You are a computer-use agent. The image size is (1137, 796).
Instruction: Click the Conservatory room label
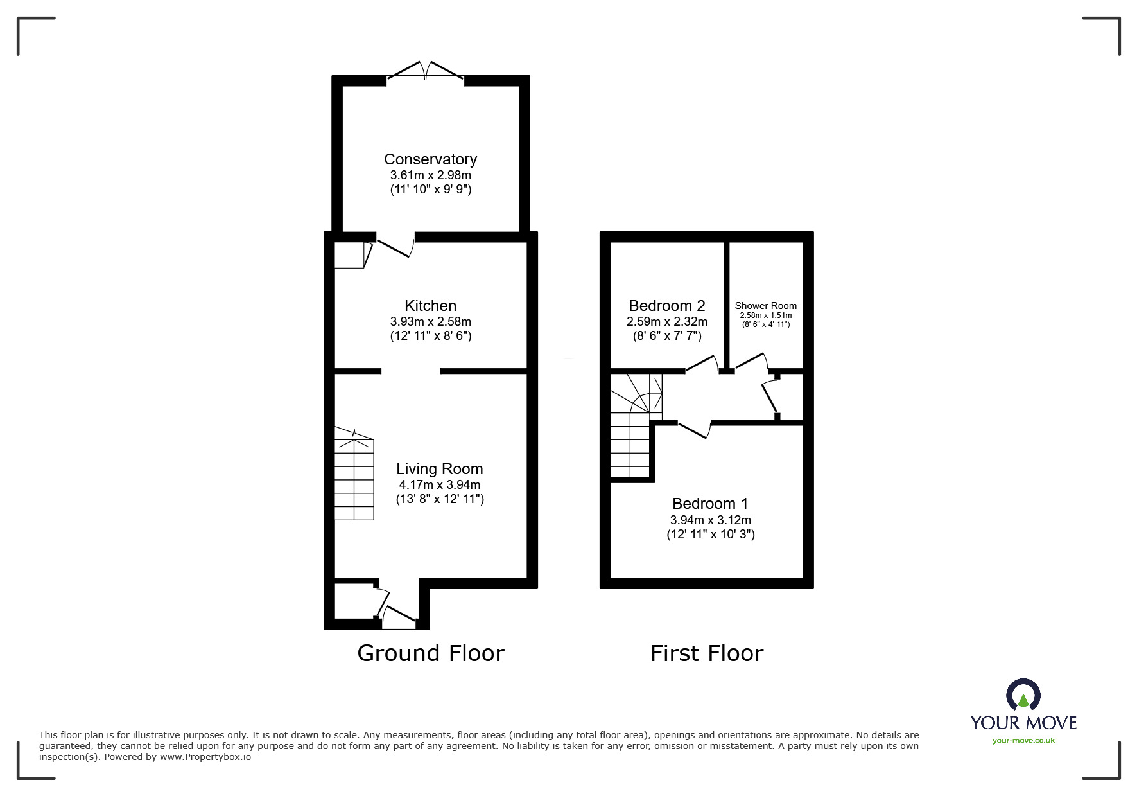click(430, 159)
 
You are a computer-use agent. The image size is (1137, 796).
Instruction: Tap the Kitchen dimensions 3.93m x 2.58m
click(430, 321)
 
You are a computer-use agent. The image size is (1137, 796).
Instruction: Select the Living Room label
click(439, 469)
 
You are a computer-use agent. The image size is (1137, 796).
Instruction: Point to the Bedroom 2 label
click(666, 306)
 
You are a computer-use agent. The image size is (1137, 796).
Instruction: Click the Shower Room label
click(765, 306)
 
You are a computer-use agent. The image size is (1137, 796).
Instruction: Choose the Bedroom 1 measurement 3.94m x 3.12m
click(710, 520)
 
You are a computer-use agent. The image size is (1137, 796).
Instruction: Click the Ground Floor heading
click(430, 653)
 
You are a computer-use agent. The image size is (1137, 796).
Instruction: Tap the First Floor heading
click(706, 653)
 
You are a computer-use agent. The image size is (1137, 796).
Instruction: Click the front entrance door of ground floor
click(398, 618)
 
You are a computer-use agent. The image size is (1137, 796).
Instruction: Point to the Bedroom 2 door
click(702, 364)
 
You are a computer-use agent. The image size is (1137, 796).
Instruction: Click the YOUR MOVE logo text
click(1023, 722)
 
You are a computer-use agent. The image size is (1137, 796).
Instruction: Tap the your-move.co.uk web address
click(1023, 741)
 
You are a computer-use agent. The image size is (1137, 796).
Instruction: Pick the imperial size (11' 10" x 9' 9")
click(430, 190)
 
